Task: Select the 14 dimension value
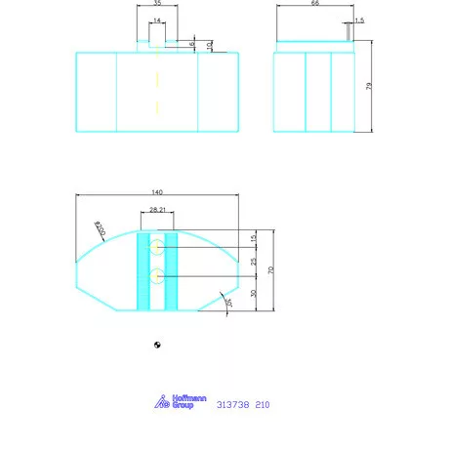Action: click(157, 20)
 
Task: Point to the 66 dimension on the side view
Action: click(314, 5)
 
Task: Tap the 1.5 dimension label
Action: click(359, 20)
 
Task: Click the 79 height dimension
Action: click(368, 86)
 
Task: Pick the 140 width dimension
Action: click(157, 192)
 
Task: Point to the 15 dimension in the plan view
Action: click(253, 238)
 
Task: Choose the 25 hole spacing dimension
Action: click(253, 262)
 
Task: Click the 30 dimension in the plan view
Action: click(253, 293)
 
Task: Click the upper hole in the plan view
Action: click(157, 248)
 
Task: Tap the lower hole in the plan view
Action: click(157, 276)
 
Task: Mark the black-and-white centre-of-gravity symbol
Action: click(158, 345)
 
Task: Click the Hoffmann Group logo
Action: click(176, 400)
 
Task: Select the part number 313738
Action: click(231, 403)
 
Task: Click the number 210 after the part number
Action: click(263, 403)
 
